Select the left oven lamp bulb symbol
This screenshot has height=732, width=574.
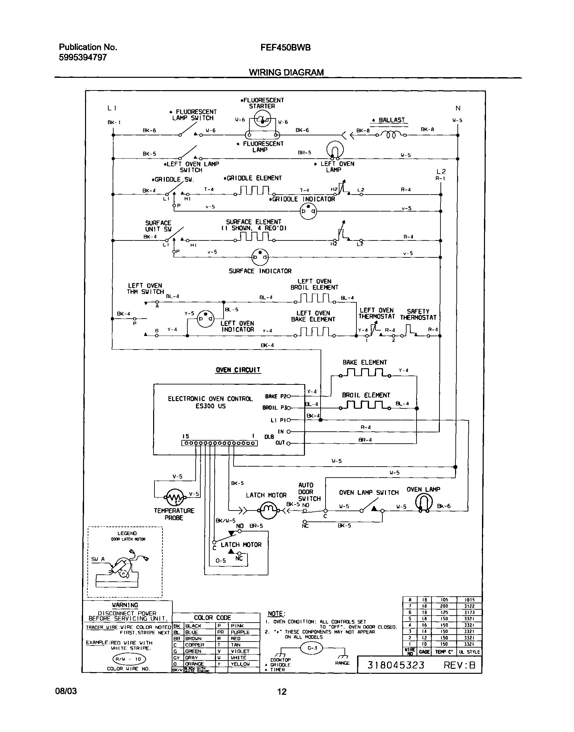tap(335, 150)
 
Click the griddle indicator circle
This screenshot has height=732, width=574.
tap(308, 211)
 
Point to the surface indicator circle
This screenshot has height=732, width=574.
tap(260, 258)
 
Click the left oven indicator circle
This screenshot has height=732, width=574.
tap(205, 318)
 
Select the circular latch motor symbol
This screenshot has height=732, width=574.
tap(268, 510)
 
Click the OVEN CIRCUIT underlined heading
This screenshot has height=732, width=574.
tap(238, 370)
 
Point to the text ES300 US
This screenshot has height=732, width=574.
tap(210, 406)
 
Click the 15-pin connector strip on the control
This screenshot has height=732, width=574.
tap(220, 443)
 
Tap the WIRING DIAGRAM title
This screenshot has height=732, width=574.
tap(286, 72)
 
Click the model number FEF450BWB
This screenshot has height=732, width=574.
tap(285, 48)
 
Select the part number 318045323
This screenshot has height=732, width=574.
tap(396, 665)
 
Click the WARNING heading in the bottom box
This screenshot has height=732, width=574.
tap(125, 605)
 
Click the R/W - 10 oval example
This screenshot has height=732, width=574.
tap(129, 659)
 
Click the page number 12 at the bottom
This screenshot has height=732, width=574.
tap(282, 692)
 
